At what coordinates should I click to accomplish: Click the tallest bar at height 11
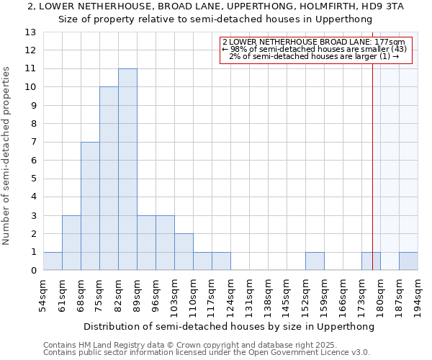pyautogui.click(x=127, y=169)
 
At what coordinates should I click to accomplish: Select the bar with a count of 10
pyautogui.click(x=109, y=179)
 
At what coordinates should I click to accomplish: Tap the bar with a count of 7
pyautogui.click(x=90, y=206)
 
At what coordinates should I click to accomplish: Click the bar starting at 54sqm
pyautogui.click(x=53, y=261)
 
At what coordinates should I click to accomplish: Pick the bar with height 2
pyautogui.click(x=184, y=252)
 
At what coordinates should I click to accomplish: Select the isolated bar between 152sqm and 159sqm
pyautogui.click(x=315, y=261)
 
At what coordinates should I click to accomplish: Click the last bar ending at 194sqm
pyautogui.click(x=408, y=261)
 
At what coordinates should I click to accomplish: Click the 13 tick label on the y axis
pyautogui.click(x=30, y=32)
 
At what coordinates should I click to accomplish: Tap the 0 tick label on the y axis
pyautogui.click(x=33, y=271)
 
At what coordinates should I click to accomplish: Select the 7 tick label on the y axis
pyautogui.click(x=33, y=143)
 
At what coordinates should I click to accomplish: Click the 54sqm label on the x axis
pyautogui.click(x=43, y=295)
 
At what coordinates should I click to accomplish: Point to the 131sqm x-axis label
pyautogui.click(x=249, y=295)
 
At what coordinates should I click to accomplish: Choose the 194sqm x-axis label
pyautogui.click(x=418, y=295)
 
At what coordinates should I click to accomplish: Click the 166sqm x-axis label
pyautogui.click(x=343, y=295)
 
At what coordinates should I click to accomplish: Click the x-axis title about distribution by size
pyautogui.click(x=229, y=326)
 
